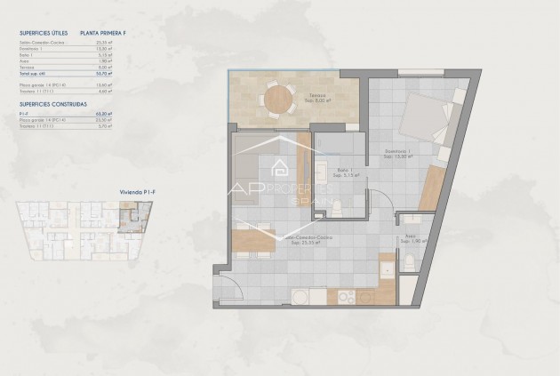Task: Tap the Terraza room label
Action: [x=316, y=95]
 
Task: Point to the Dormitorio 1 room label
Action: [x=396, y=153]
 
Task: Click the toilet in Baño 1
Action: [x=339, y=208]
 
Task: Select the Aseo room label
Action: [x=411, y=237]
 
